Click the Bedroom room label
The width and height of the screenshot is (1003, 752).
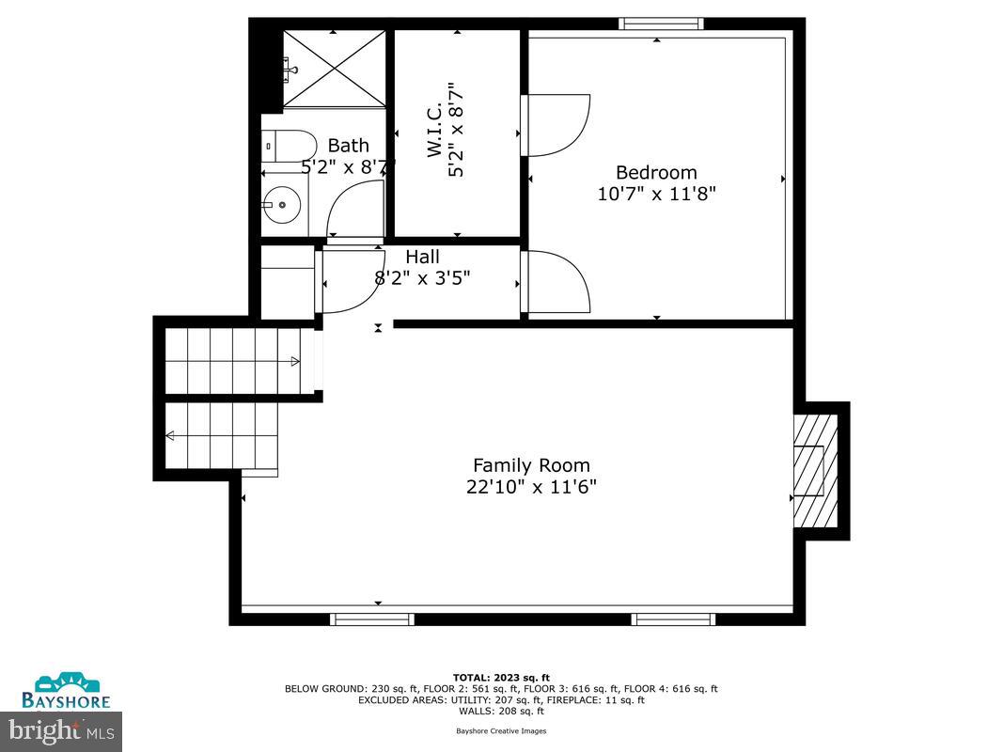pyautogui.click(x=656, y=173)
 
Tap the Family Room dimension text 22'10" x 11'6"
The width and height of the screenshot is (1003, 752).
pyautogui.click(x=531, y=487)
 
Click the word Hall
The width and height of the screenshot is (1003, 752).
pyautogui.click(x=422, y=257)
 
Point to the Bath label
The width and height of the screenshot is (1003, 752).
pyautogui.click(x=348, y=146)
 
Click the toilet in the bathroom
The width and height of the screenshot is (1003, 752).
pyautogui.click(x=290, y=146)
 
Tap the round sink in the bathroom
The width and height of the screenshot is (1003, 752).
pyautogui.click(x=281, y=203)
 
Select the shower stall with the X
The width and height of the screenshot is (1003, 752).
pyautogui.click(x=334, y=68)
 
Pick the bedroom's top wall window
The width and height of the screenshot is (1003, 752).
pyautogui.click(x=661, y=23)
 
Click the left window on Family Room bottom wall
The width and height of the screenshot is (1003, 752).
pyautogui.click(x=372, y=619)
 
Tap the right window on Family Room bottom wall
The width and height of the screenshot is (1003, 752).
pyautogui.click(x=673, y=619)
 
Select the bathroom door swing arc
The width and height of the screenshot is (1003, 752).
pyautogui.click(x=355, y=209)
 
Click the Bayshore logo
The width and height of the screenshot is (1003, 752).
pyautogui.click(x=67, y=691)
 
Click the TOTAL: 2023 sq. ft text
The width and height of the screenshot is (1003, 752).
pyautogui.click(x=501, y=677)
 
